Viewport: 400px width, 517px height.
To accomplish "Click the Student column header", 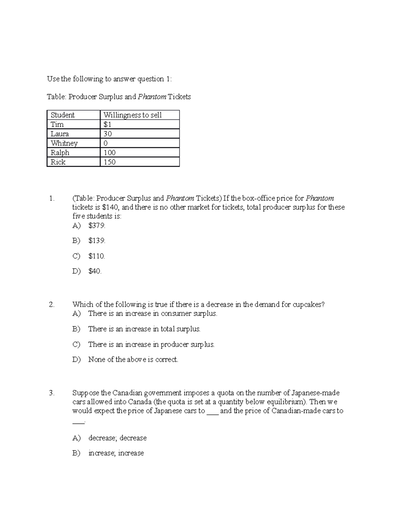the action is (63, 115).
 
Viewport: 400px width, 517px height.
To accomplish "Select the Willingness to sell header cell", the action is (132, 115).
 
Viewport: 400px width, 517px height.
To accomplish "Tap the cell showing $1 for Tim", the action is (107, 125).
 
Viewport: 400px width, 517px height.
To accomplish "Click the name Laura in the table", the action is (60, 134).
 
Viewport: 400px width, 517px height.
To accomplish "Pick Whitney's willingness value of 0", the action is (106, 143).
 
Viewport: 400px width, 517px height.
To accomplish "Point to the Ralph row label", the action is (60, 152).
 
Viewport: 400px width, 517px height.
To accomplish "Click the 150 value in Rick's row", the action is (109, 162).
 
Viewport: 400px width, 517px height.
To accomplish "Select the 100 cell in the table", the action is (109, 152).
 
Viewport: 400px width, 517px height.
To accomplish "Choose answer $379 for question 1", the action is (97, 226).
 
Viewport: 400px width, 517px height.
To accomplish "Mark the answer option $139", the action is (97, 241).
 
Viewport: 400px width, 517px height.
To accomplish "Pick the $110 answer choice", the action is (97, 256).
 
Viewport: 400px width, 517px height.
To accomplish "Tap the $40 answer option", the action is (95, 271).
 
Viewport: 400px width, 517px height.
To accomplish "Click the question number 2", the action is (51, 305).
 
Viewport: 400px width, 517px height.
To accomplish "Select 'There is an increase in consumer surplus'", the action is (152, 314).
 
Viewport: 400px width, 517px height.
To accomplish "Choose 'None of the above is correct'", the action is (133, 360).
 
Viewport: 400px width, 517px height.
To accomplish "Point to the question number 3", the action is (51, 393).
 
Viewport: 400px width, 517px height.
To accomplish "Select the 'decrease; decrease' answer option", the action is (117, 438).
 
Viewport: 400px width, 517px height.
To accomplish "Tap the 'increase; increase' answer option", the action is (116, 453).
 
